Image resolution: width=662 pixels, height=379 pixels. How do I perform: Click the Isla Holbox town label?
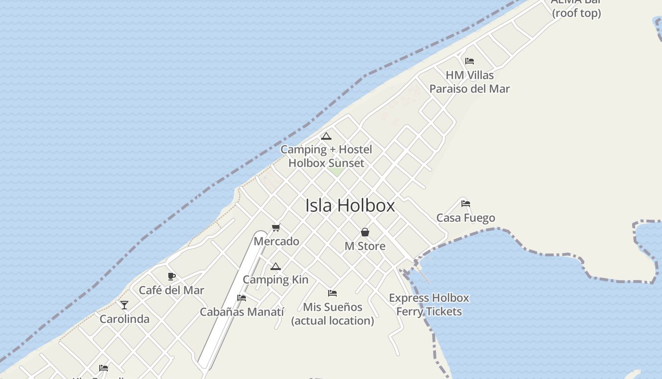point(350,206)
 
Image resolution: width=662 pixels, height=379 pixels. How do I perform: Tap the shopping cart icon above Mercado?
point(276,228)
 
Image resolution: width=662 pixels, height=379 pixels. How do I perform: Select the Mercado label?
point(277,241)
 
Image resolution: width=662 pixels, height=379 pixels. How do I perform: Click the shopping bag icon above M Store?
point(365,232)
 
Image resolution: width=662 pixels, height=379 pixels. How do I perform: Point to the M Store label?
point(365,246)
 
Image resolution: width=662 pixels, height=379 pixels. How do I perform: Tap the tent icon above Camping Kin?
point(276,266)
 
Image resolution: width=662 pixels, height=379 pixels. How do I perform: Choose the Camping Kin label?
point(276,280)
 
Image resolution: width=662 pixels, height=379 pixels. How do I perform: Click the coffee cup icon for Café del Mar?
point(172,277)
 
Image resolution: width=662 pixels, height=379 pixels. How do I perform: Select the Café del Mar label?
point(172,290)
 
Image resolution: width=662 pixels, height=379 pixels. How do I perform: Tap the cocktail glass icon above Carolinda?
point(124,305)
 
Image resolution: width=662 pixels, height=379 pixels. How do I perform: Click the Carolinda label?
point(124,319)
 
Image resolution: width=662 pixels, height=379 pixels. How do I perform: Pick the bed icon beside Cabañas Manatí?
point(242,298)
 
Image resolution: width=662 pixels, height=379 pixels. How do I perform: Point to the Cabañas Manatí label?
point(242,312)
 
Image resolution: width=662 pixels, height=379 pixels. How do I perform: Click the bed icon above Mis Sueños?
point(332,293)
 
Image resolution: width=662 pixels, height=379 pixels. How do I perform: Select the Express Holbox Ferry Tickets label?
point(429,305)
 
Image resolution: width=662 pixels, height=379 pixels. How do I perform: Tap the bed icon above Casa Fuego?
point(466,204)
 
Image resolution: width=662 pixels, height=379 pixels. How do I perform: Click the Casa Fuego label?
point(466,218)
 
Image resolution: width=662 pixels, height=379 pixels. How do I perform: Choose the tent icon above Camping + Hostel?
point(326,136)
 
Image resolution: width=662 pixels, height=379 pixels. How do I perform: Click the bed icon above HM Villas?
point(470,61)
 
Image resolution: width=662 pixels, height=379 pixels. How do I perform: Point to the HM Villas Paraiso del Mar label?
point(470,82)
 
